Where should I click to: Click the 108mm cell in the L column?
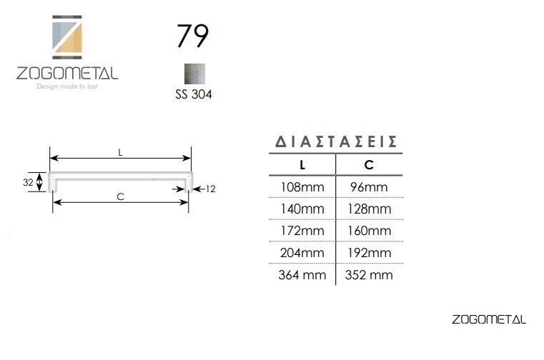[302, 187]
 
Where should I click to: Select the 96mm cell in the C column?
[369, 187]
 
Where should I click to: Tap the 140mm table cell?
[302, 209]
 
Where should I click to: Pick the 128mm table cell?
[369, 209]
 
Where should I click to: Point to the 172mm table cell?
[302, 231]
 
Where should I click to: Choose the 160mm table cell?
[369, 231]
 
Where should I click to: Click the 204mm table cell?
[302, 253]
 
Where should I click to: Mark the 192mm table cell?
[369, 253]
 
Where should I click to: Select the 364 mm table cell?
[302, 275]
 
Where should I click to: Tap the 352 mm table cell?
[369, 275]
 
